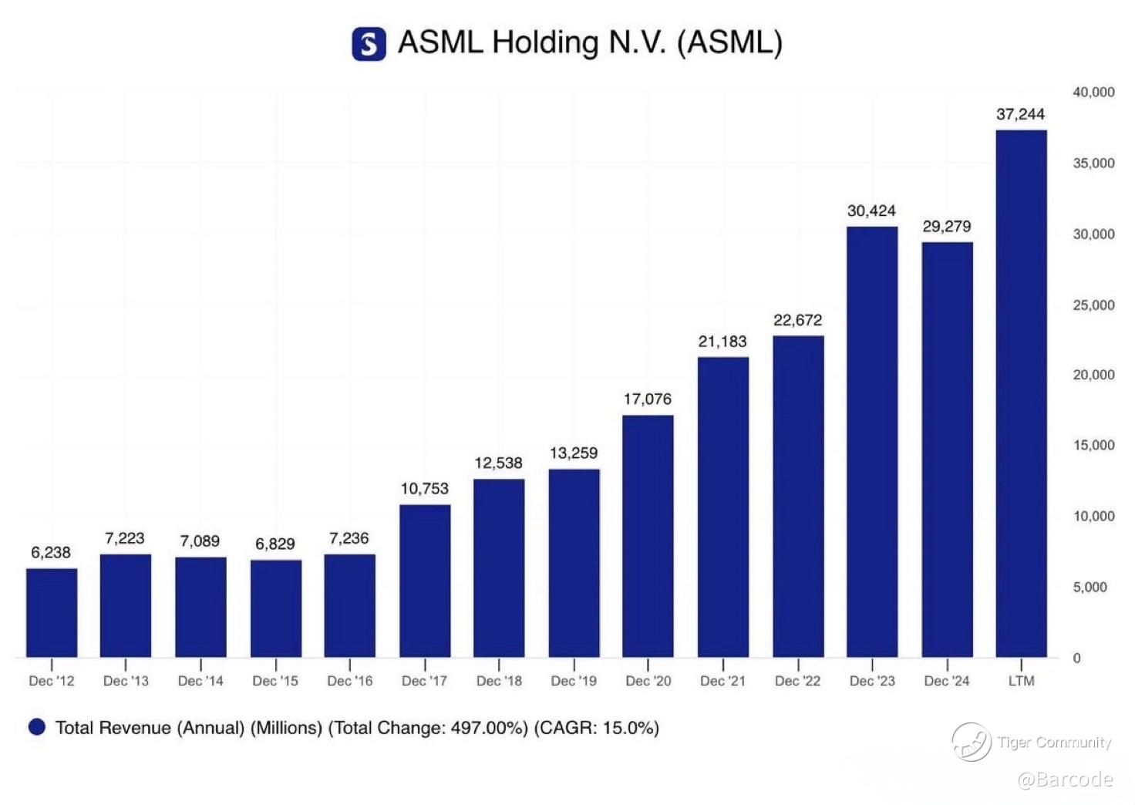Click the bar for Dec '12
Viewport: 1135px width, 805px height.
pyautogui.click(x=52, y=613)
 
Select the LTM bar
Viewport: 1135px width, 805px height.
pyautogui.click(x=1021, y=393)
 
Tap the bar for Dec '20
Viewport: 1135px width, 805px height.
pyautogui.click(x=648, y=536)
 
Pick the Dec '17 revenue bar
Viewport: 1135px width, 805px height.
pyautogui.click(x=425, y=581)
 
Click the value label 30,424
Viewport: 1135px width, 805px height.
pyautogui.click(x=871, y=211)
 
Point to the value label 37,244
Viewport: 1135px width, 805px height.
pyautogui.click(x=1020, y=114)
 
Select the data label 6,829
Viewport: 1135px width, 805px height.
pyautogui.click(x=275, y=544)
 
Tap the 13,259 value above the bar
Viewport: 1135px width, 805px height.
pyautogui.click(x=574, y=453)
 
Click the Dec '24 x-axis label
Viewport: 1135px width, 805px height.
pyautogui.click(x=946, y=681)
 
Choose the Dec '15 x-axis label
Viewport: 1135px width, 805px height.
pyautogui.click(x=275, y=681)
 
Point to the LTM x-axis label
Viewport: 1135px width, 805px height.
pyautogui.click(x=1021, y=681)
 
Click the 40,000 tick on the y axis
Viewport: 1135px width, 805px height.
pyautogui.click(x=1093, y=93)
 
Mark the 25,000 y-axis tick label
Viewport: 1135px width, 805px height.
pyautogui.click(x=1093, y=305)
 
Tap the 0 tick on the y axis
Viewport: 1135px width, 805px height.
pyautogui.click(x=1076, y=658)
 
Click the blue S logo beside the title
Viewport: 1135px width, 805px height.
pyautogui.click(x=369, y=43)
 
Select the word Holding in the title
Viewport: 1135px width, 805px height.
pyautogui.click(x=545, y=42)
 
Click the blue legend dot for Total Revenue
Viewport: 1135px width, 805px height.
pyautogui.click(x=37, y=727)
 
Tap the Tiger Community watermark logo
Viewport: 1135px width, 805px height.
pyautogui.click(x=972, y=742)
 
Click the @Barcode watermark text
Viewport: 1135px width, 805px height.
pyautogui.click(x=1065, y=780)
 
